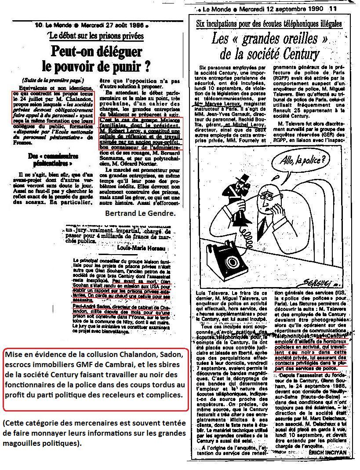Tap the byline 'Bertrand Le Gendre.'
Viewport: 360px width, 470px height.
pos(140,213)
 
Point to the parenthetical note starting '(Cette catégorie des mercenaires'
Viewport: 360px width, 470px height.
pos(88,433)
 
